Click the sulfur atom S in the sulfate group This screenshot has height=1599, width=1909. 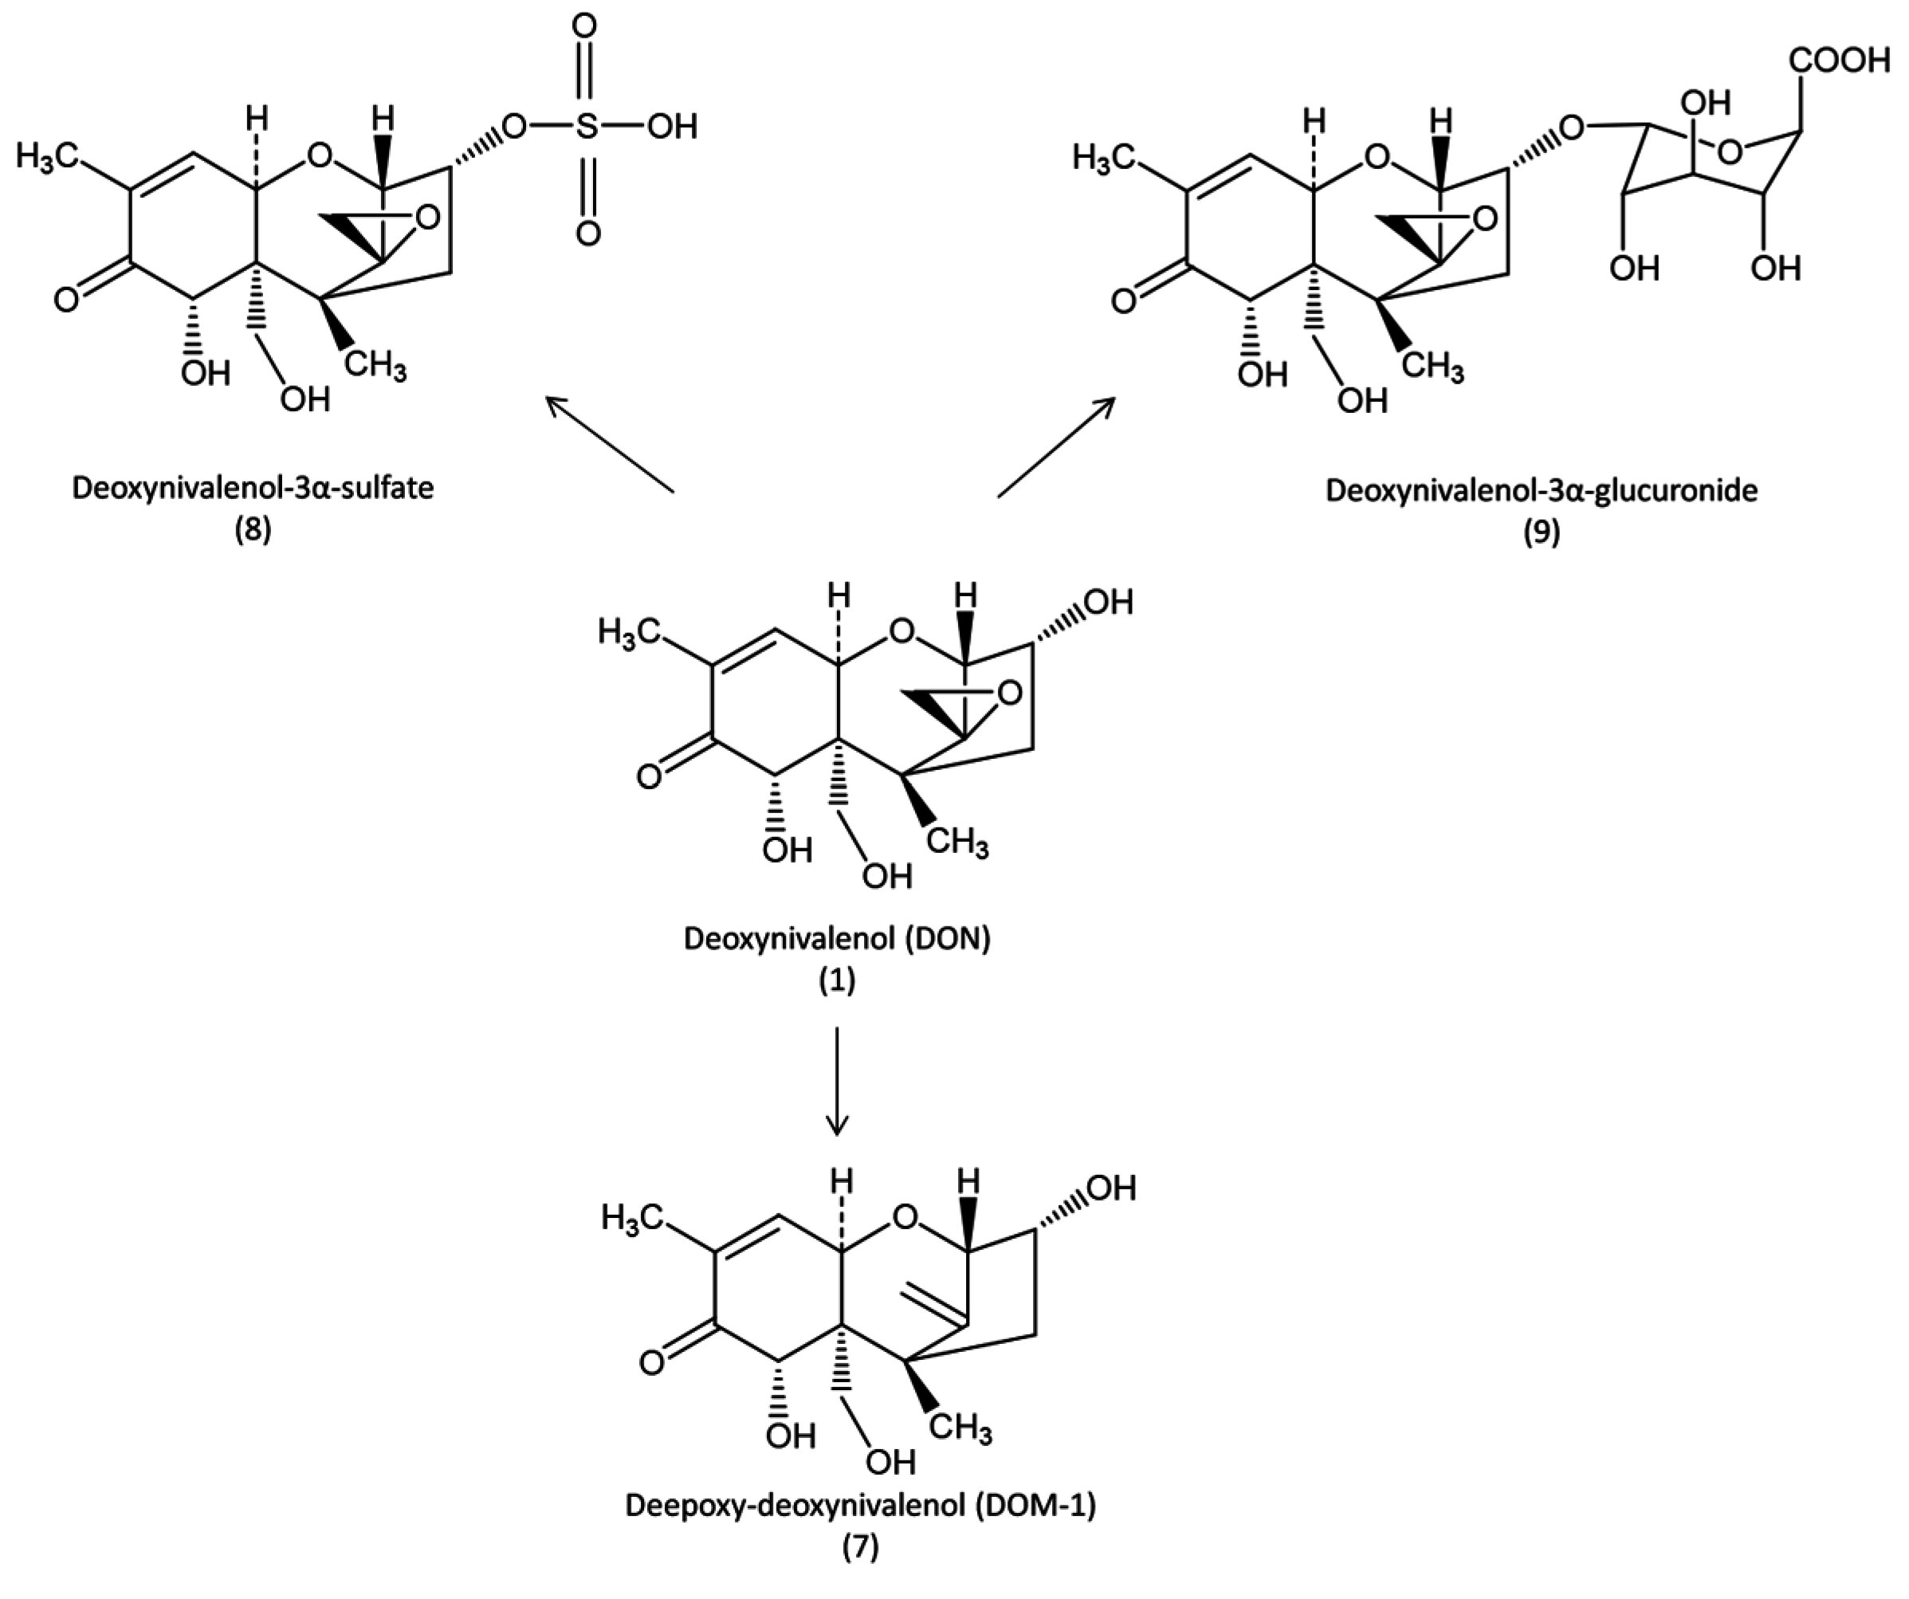point(587,128)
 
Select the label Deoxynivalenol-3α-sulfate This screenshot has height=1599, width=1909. point(253,488)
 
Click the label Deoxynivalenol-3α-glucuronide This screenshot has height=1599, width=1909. point(1541,490)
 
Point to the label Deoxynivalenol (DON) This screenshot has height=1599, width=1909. point(836,938)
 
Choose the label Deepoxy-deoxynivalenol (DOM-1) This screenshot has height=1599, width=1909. point(860,1506)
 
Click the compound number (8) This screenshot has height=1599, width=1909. point(253,531)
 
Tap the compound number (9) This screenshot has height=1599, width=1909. point(1541,532)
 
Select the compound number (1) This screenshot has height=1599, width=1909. point(836,981)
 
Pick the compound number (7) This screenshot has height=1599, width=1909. point(860,1548)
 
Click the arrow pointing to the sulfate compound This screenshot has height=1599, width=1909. point(609,445)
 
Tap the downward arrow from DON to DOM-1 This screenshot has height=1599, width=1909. point(836,1082)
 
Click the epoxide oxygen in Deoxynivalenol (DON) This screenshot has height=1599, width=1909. point(1008,695)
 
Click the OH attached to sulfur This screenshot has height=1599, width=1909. point(672,128)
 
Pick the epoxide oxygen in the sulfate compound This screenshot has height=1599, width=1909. point(426,218)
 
